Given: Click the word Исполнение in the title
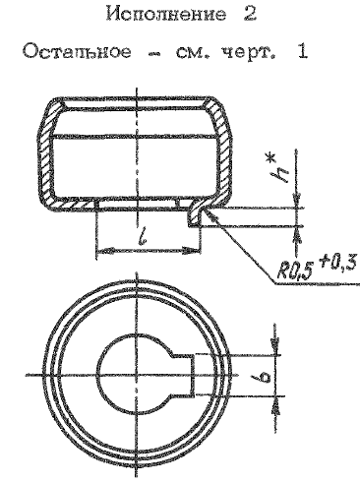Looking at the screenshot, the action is pos(166,15).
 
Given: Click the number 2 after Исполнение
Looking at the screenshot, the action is pos(250,15).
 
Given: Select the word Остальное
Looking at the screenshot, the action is pos(77,52).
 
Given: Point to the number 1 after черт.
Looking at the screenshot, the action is pos(302,52).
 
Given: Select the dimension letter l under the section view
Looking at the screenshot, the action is pos(143,235).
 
